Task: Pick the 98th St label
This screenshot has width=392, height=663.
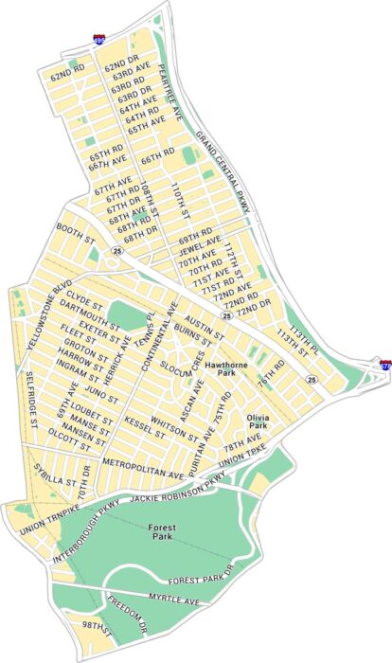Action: [x=97, y=628]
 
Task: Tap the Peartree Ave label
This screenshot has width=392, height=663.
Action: [x=169, y=94]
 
